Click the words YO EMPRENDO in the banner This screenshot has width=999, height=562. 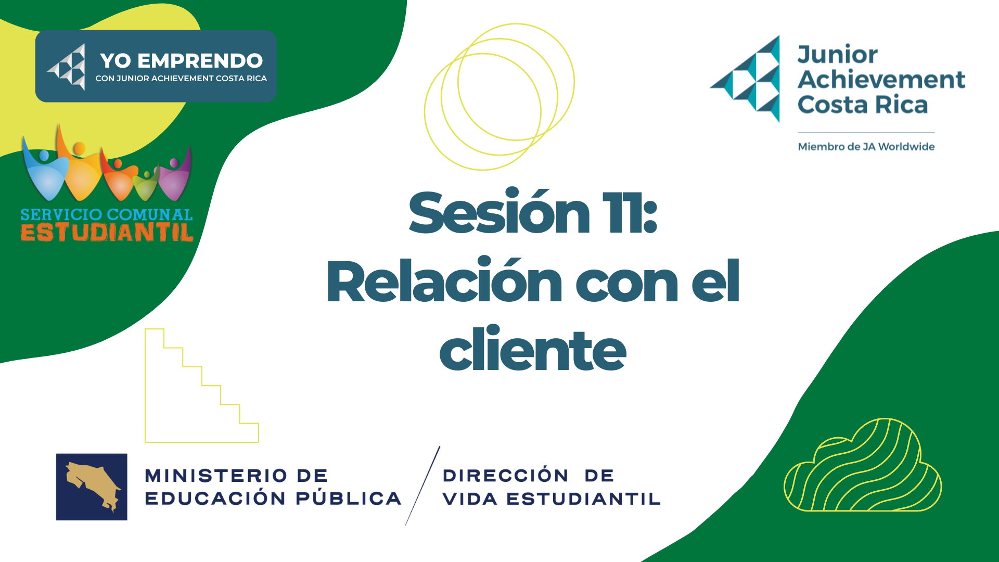pos(181,61)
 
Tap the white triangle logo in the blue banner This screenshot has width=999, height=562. pos(67,67)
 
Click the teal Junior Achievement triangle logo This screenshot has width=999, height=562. pos(745,79)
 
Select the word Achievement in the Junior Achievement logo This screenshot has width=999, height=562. pos(881,79)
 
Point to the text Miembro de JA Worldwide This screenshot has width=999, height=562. pos(866,147)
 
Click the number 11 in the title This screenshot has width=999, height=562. pos(622,213)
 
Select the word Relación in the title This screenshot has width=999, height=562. pos(444,280)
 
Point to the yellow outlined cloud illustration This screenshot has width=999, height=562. pos(863,465)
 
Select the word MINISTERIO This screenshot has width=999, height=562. pos(216,476)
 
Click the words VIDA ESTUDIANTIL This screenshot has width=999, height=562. pos(552,499)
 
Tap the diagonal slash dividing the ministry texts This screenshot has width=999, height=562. pos(422,486)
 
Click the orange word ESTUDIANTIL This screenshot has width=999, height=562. pos(107,232)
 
